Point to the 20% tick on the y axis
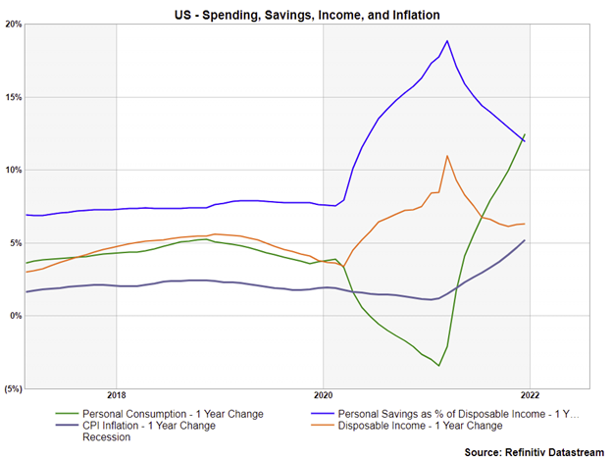click(x=12, y=25)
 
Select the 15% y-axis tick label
click(x=12, y=97)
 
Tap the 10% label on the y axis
click(x=12, y=170)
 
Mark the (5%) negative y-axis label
click(x=12, y=388)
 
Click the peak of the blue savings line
click(x=447, y=40)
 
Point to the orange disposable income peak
click(x=447, y=155)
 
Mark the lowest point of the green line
click(x=438, y=366)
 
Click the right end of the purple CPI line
click(x=525, y=240)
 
